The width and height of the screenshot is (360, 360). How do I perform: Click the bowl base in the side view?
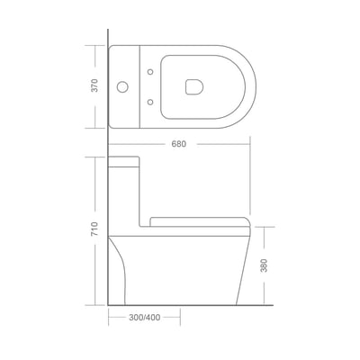(180, 270)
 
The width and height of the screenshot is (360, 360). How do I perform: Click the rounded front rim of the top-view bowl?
(250, 87)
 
